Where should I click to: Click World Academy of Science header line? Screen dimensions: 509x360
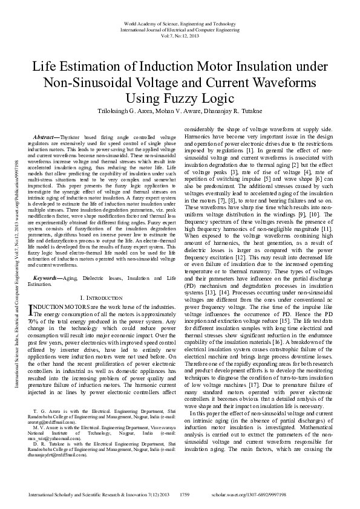pyautogui.click(x=180, y=22)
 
